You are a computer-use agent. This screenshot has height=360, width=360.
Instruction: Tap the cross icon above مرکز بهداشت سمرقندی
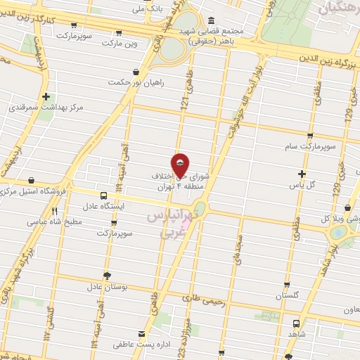[x=46, y=96]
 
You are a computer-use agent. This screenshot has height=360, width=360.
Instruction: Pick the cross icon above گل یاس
[x=302, y=174]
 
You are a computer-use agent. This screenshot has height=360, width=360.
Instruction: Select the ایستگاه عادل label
[x=104, y=207]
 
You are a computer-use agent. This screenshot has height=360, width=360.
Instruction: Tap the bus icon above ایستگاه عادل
[x=104, y=195]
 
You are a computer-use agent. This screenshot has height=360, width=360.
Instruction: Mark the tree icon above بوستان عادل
[x=106, y=275]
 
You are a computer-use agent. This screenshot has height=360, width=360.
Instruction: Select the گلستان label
[x=288, y=297]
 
